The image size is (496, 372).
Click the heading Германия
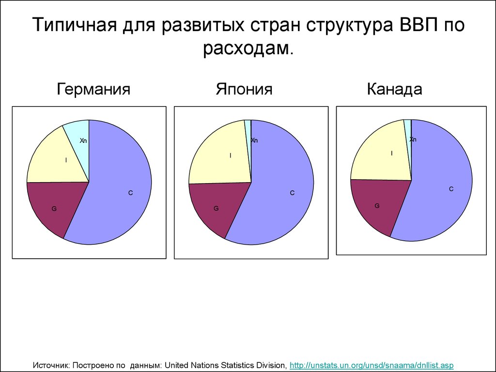coord(93,89)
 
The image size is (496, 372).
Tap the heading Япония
coord(244,89)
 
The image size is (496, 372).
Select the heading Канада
coord(394,89)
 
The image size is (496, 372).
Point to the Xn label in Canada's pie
coord(413,139)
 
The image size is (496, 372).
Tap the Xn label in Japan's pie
coord(254,140)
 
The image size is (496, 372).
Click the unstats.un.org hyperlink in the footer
coord(371,365)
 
